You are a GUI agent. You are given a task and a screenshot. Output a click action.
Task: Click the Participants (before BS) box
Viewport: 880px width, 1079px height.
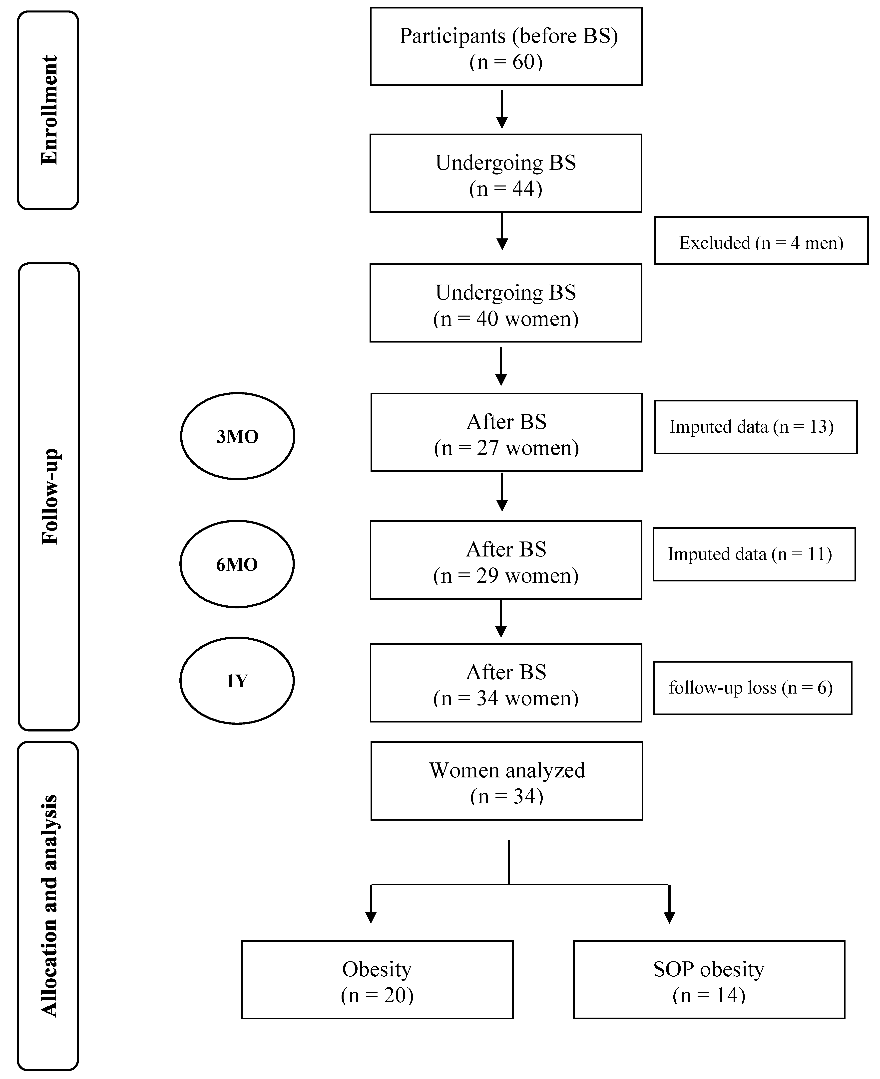(506, 47)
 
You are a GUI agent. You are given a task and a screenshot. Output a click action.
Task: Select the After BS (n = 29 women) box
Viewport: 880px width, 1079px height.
(506, 560)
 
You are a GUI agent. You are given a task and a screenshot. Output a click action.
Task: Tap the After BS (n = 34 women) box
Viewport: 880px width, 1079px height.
(506, 683)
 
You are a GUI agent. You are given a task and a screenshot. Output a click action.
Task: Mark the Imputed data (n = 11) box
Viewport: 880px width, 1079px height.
(754, 554)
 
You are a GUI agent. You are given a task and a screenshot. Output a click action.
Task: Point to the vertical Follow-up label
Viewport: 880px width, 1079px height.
(49, 497)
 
